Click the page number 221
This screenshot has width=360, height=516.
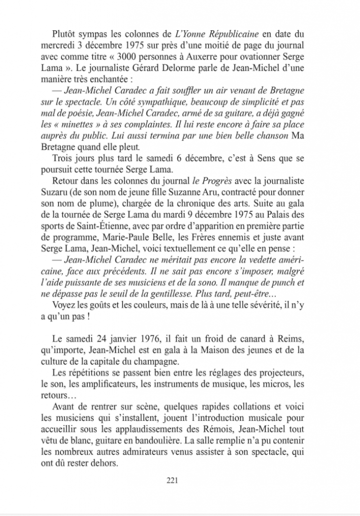[173, 480]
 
